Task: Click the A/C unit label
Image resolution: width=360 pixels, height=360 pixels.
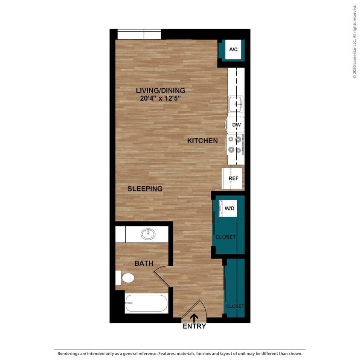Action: pyautogui.click(x=233, y=50)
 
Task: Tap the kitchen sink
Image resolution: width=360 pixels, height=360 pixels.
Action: pyautogui.click(x=235, y=103)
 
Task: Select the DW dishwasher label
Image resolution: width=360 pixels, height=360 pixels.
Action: pyautogui.click(x=236, y=125)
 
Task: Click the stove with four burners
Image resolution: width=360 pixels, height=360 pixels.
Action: pyautogui.click(x=236, y=144)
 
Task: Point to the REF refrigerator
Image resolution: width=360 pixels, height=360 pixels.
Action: pyautogui.click(x=233, y=179)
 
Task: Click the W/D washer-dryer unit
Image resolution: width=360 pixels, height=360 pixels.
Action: pyautogui.click(x=229, y=208)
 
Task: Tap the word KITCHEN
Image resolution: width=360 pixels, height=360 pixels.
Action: pyautogui.click(x=203, y=141)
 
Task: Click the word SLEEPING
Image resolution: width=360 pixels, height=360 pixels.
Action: pyautogui.click(x=145, y=189)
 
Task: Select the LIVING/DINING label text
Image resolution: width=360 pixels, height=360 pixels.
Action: pyautogui.click(x=160, y=90)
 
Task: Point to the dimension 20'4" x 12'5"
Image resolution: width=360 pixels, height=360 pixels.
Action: pyautogui.click(x=160, y=98)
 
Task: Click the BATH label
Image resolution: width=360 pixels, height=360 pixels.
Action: pyautogui.click(x=144, y=264)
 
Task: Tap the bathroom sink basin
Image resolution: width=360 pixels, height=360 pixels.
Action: pyautogui.click(x=148, y=234)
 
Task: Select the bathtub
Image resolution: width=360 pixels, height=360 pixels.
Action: pyautogui.click(x=146, y=304)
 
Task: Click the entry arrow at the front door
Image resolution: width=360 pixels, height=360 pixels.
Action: pyautogui.click(x=194, y=318)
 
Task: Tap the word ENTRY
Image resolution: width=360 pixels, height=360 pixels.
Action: pyautogui.click(x=194, y=326)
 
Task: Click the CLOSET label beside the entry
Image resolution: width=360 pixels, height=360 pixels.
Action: pyautogui.click(x=235, y=306)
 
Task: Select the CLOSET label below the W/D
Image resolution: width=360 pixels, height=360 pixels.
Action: pyautogui.click(x=225, y=237)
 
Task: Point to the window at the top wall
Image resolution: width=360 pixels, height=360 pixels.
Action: pyautogui.click(x=139, y=34)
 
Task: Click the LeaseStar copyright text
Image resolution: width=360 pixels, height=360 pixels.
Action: pyautogui.click(x=354, y=41)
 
